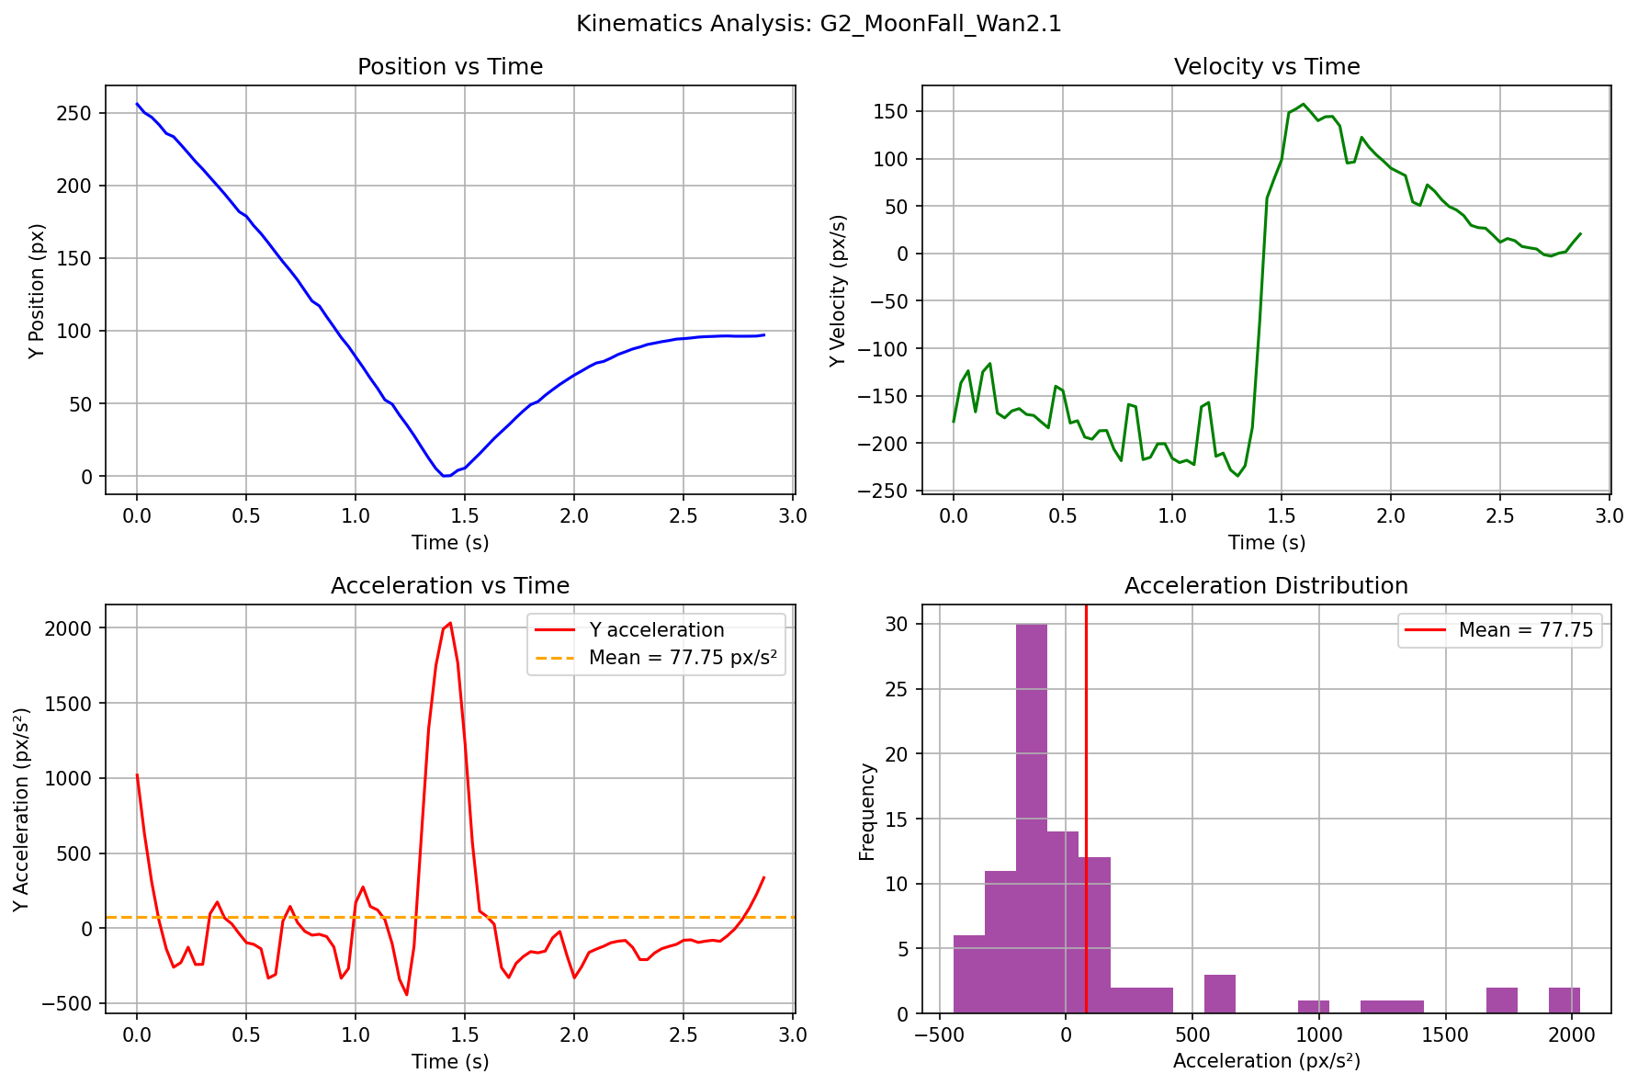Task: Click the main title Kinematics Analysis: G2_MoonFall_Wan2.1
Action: [x=819, y=24]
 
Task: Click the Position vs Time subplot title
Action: [x=450, y=67]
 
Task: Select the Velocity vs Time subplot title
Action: [x=1267, y=67]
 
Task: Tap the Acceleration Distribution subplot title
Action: [x=1266, y=586]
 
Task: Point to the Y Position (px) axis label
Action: [x=37, y=290]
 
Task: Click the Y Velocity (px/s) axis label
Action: [x=838, y=290]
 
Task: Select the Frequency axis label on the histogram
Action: [x=866, y=811]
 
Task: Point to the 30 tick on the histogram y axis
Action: [x=896, y=625]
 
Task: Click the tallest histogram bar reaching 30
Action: [x=1032, y=818]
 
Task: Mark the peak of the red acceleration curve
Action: [x=450, y=623]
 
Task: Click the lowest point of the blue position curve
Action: [x=445, y=476]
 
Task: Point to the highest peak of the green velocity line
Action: [x=1303, y=105]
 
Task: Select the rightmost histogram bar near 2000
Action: [x=1564, y=1000]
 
